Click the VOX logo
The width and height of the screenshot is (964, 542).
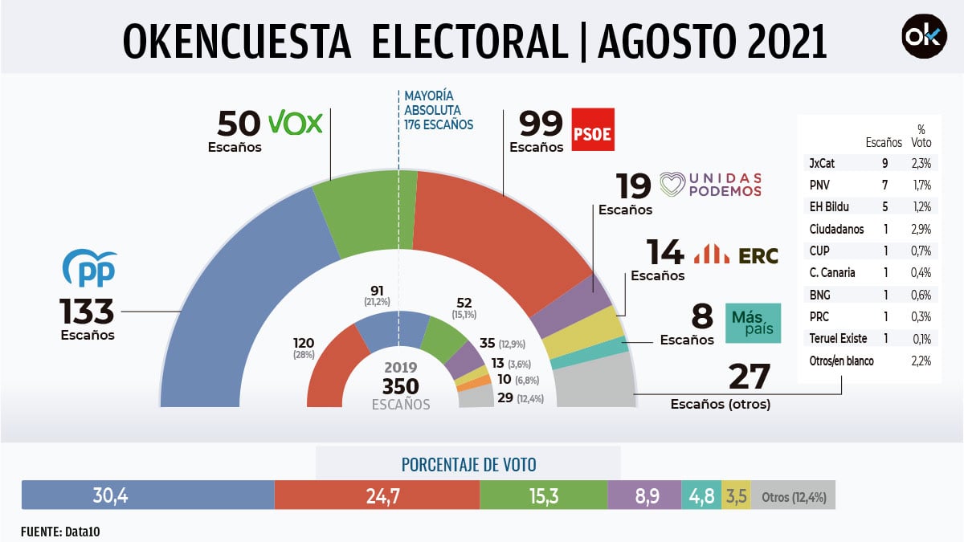(x=294, y=123)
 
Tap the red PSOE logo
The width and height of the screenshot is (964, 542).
(x=592, y=129)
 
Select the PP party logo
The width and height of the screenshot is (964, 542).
(x=90, y=269)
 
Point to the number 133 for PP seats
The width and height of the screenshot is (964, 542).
(x=88, y=310)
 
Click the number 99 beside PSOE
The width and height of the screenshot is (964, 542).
(x=541, y=124)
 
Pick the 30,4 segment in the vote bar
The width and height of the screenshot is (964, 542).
(x=148, y=495)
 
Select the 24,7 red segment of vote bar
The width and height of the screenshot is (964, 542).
(x=377, y=495)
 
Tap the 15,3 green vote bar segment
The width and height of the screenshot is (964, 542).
(x=543, y=495)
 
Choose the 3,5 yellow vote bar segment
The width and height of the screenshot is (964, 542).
(x=736, y=495)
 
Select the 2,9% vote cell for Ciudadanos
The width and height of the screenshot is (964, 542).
(x=921, y=230)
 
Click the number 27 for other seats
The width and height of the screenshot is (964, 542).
(x=749, y=377)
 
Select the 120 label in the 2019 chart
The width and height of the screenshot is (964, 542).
(x=304, y=343)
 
